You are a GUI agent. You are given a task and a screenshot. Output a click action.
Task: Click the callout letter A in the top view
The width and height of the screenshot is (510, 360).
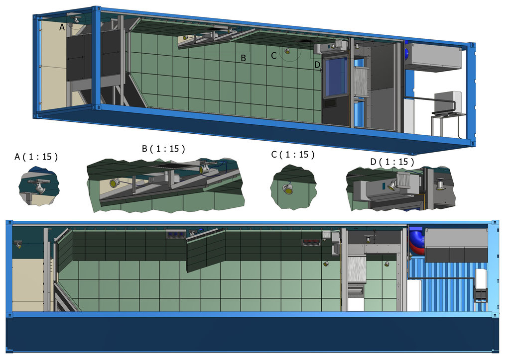click(62, 27)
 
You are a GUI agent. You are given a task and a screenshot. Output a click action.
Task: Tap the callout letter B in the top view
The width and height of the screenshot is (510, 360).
click(243, 58)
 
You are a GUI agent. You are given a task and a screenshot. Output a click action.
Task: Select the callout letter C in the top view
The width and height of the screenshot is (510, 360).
click(274, 56)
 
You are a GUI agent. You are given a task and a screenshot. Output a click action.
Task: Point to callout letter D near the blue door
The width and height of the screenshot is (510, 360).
click(317, 65)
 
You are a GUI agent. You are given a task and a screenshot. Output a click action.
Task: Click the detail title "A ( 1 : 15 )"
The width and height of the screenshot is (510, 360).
click(36, 157)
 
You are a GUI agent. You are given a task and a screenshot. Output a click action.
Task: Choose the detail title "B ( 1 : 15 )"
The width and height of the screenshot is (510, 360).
click(163, 149)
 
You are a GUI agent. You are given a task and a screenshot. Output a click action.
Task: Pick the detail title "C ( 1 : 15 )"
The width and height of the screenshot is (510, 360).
click(293, 155)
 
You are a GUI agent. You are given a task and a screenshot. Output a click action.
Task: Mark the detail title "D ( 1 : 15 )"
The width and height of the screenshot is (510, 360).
click(392, 162)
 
